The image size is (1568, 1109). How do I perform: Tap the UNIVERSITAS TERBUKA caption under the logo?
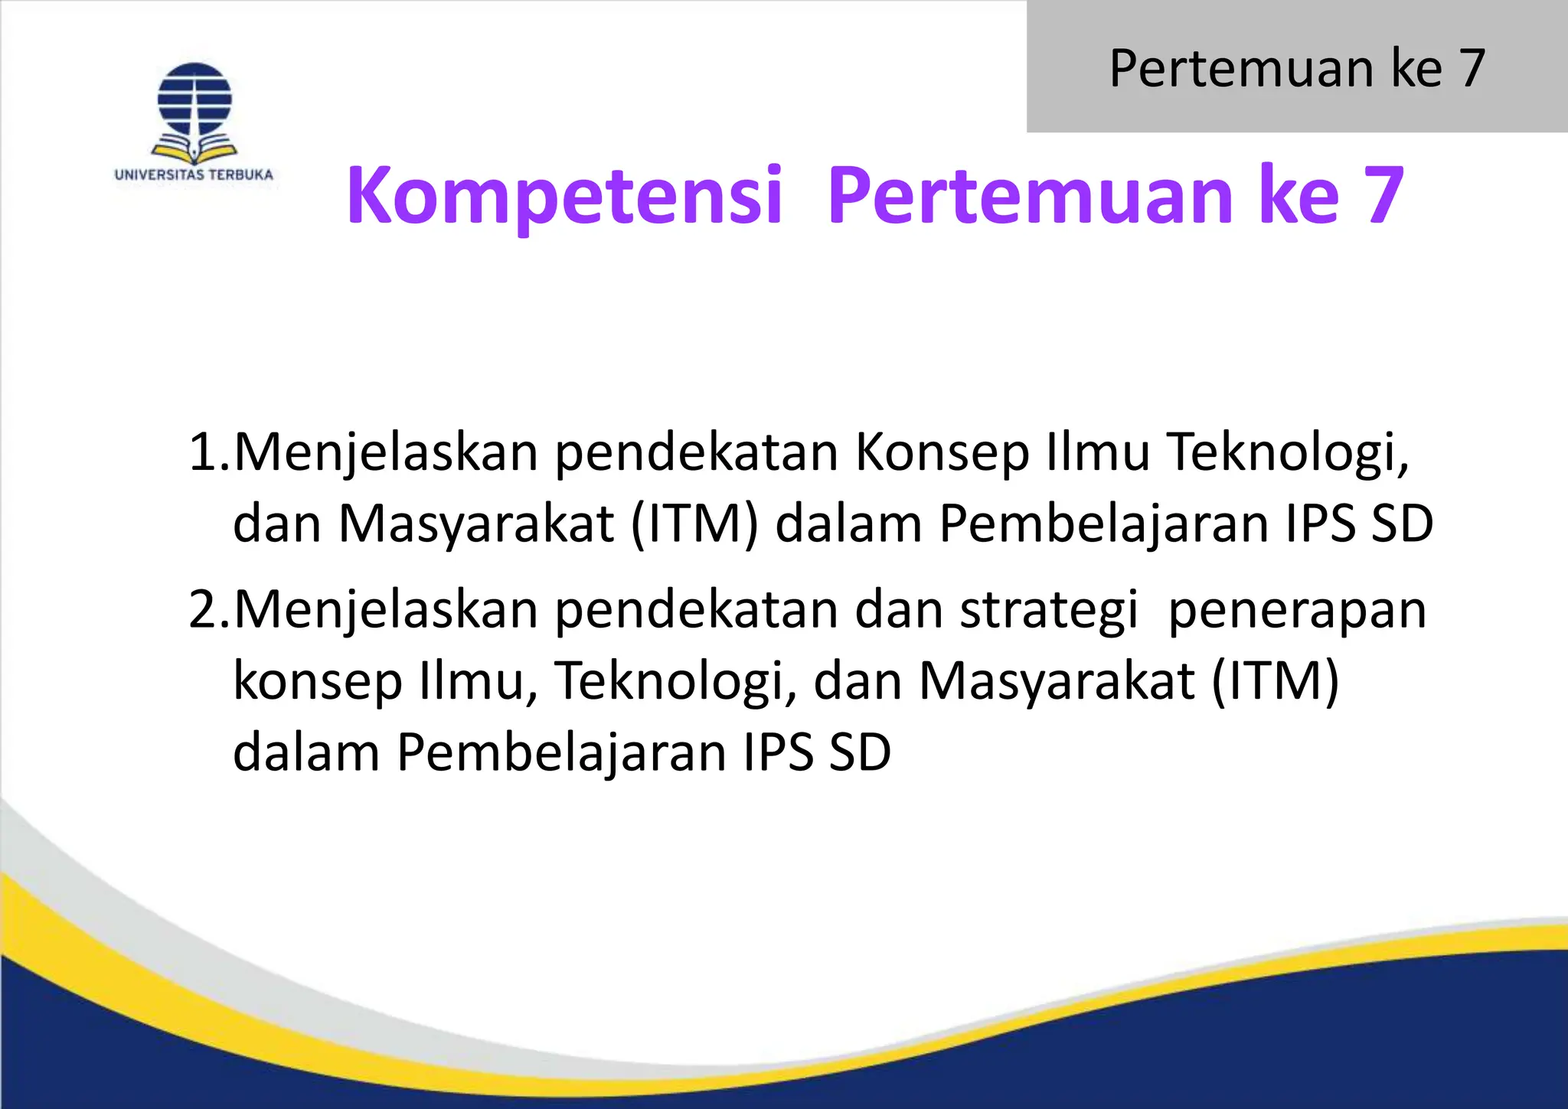194,175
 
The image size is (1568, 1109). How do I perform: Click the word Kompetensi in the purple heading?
564,196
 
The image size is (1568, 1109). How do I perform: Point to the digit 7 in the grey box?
1472,68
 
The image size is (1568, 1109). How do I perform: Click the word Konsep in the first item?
942,453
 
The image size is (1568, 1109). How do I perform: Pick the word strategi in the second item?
1049,611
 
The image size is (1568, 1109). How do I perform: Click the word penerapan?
1298,611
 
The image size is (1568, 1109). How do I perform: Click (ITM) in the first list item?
694,524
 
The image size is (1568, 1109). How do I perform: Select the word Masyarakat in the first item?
476,524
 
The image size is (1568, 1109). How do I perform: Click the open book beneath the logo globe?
194,147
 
